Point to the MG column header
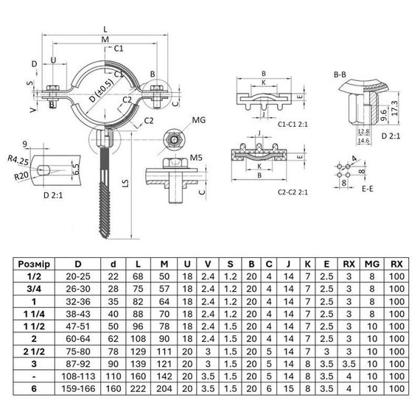click(374, 263)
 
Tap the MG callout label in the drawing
click(198, 119)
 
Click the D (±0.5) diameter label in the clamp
click(101, 93)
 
